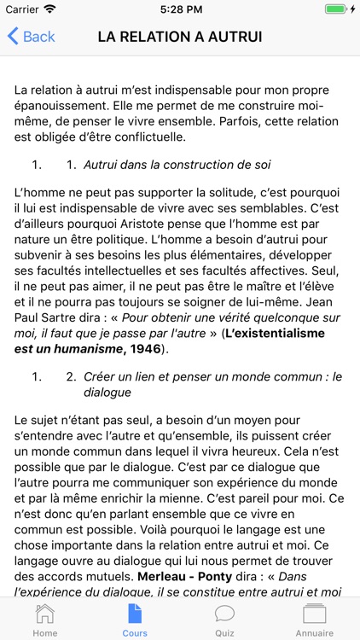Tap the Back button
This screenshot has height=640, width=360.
pos(32,37)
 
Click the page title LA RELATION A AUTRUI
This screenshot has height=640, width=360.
pos(180,37)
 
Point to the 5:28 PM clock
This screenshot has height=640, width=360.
pos(179,9)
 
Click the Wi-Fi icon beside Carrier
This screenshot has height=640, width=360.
pos(49,9)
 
